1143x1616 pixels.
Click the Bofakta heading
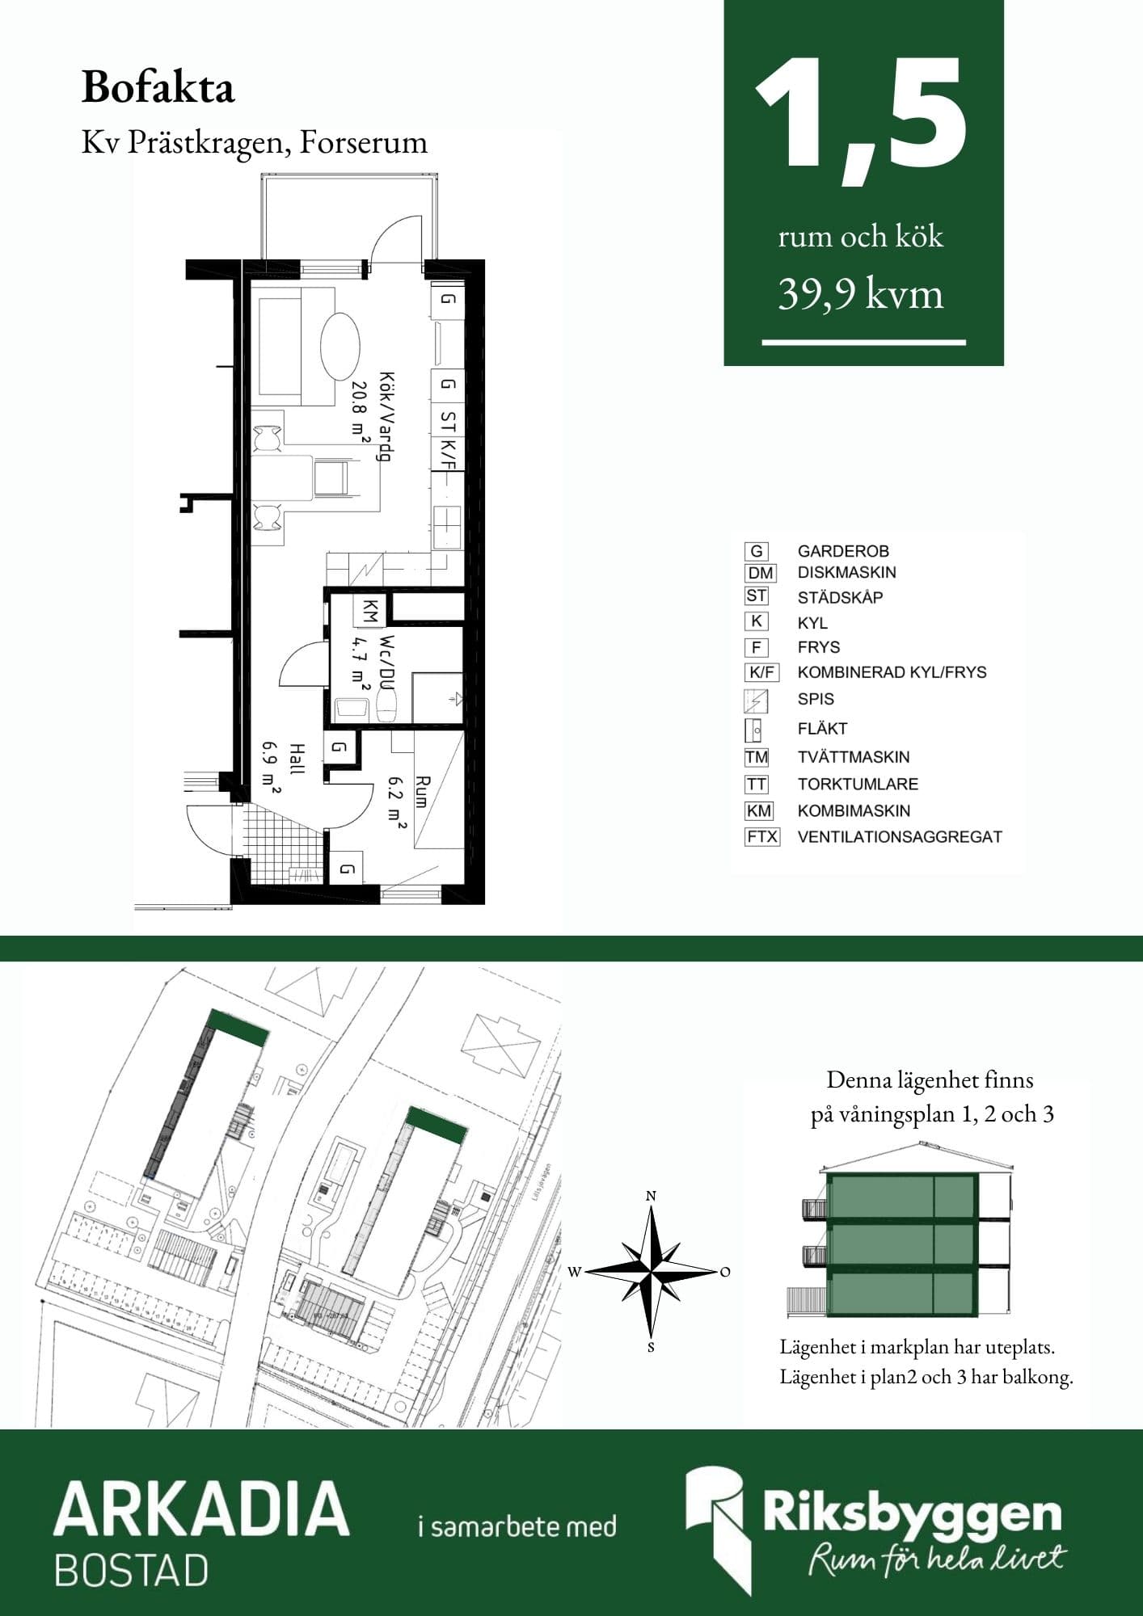(158, 87)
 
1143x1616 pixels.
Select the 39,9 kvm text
(861, 293)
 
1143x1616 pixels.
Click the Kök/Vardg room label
(386, 417)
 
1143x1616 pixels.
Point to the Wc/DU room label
(386, 662)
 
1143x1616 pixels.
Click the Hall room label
(297, 760)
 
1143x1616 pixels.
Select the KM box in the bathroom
(369, 611)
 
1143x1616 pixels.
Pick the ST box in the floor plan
(448, 421)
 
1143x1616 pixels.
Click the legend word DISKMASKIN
(846, 572)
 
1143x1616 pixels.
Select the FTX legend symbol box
(761, 837)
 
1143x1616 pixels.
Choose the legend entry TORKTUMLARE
(858, 784)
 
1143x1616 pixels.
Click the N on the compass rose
(651, 1196)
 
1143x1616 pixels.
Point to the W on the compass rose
(574, 1272)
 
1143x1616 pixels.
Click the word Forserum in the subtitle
(363, 142)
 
